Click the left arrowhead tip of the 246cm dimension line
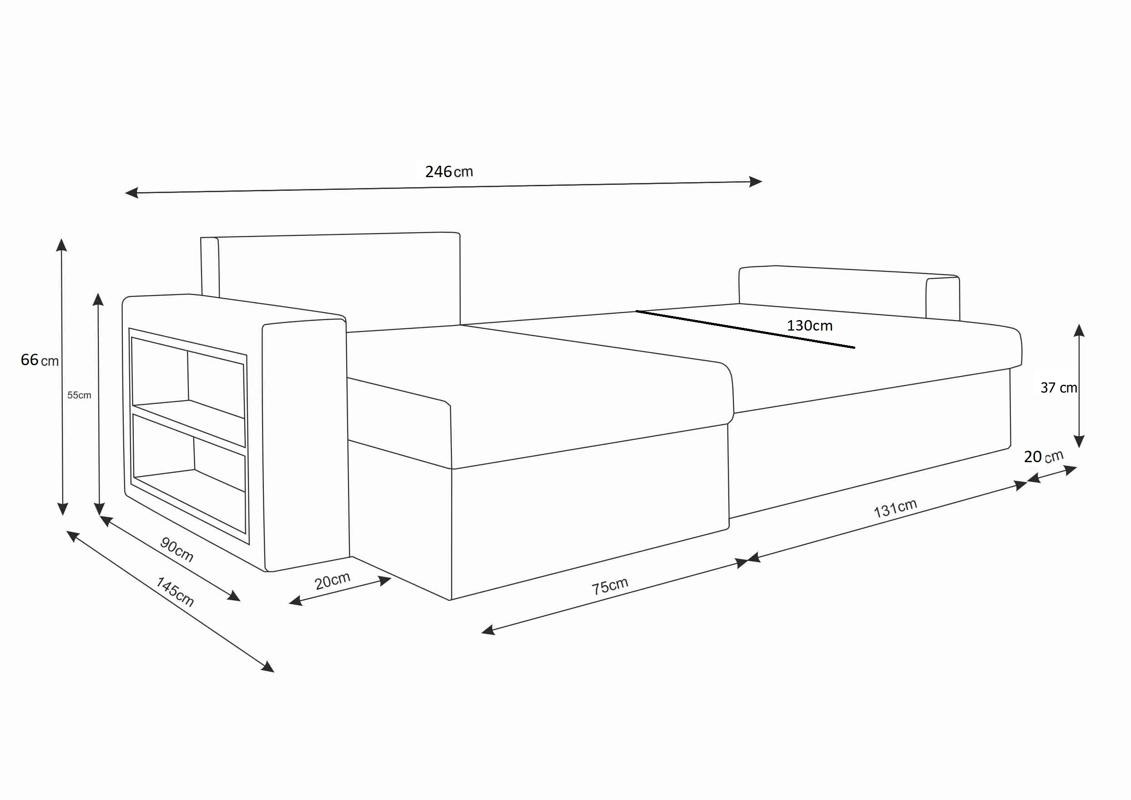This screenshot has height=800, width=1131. [x=125, y=193]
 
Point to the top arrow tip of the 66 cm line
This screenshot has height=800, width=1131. [x=61, y=239]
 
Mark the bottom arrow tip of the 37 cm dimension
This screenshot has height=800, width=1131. [x=1079, y=448]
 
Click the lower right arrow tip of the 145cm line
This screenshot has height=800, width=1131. [x=274, y=673]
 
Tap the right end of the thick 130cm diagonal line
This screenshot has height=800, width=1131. [x=855, y=348]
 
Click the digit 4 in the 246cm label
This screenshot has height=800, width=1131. [x=439, y=172]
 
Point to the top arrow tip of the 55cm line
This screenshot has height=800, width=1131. [x=98, y=293]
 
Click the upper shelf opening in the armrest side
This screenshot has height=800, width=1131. [x=188, y=377]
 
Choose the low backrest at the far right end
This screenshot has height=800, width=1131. [x=849, y=293]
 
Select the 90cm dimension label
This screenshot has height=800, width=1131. [x=177, y=550]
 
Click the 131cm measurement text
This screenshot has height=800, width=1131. [x=895, y=508]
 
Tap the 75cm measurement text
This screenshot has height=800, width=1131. [x=610, y=586]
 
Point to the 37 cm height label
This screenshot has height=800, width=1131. [x=1059, y=388]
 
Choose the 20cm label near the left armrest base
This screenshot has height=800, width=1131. [x=333, y=581]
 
